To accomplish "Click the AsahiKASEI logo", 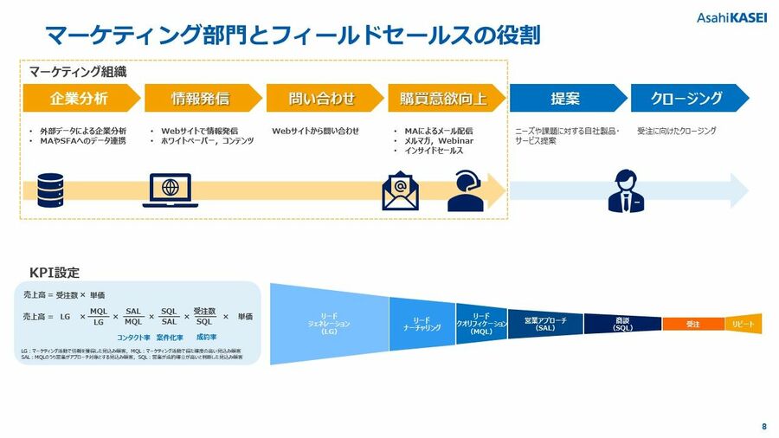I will click(731, 18).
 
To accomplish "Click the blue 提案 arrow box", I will click(565, 98).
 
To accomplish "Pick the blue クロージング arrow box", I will click(687, 98).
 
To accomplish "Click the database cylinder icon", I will click(51, 190).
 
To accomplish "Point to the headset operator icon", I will click(465, 191).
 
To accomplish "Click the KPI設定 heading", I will click(55, 273).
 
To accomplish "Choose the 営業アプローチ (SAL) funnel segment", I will click(545, 323).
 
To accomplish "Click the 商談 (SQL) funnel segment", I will click(622, 323).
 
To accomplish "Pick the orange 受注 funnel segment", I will click(692, 323).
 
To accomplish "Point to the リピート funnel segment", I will click(744, 323).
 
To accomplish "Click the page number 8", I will click(763, 426).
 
